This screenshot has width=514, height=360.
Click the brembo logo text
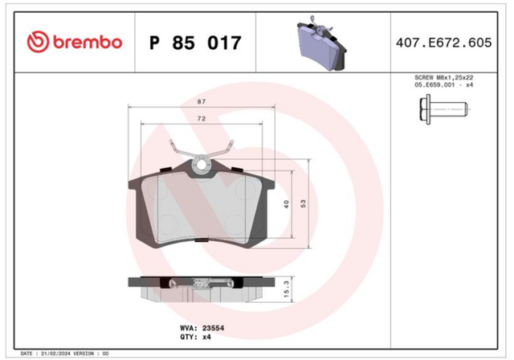click(x=88, y=43)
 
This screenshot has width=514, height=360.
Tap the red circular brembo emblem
click(x=38, y=42)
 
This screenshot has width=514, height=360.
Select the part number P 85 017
click(x=195, y=43)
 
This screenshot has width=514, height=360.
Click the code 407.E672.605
click(x=444, y=43)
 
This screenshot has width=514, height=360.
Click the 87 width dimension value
click(x=202, y=101)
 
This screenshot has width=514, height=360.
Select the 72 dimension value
click(x=202, y=118)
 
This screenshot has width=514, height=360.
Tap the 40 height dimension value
click(x=286, y=204)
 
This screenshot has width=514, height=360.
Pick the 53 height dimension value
click(x=304, y=203)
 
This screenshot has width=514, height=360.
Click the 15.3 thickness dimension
click(x=286, y=289)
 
